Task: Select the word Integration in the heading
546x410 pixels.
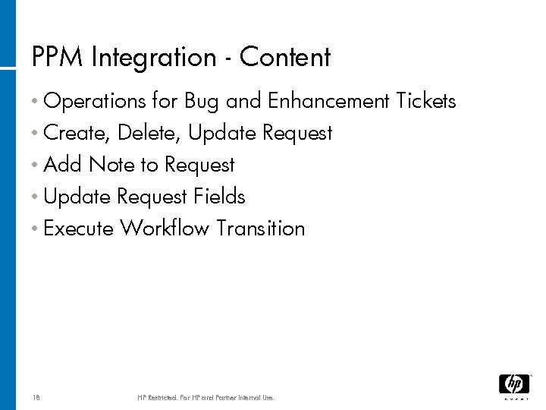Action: coord(150,58)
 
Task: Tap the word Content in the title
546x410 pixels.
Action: coord(284,58)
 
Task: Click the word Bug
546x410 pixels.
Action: coord(202,101)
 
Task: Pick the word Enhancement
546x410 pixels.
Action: coord(330,101)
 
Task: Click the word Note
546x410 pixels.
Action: coord(111,165)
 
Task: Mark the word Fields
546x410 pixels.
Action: coord(219,197)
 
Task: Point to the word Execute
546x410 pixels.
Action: coord(79,229)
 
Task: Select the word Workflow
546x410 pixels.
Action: coord(165,229)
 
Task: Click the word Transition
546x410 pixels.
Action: coord(261,229)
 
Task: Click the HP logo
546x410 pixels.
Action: coord(513,385)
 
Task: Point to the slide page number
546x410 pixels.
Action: coord(36,397)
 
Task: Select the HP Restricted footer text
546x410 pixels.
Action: coord(206,397)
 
